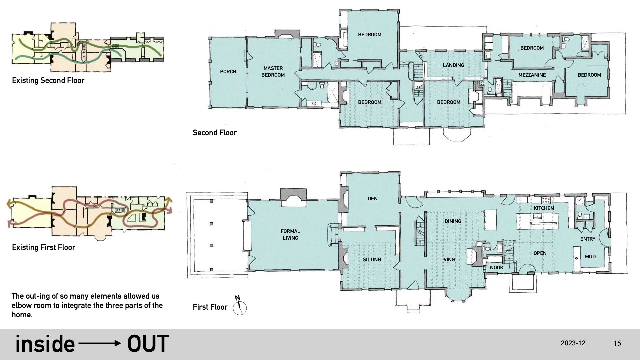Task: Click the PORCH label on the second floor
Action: [x=228, y=72]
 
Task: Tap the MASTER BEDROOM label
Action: [x=273, y=72]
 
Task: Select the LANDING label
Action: [x=453, y=65]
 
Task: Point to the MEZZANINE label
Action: [x=532, y=75]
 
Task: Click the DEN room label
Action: [x=372, y=199]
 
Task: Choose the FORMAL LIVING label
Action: [x=290, y=234]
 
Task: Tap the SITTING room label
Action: [x=372, y=260]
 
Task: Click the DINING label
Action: [x=453, y=221]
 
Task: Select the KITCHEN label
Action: [x=544, y=208]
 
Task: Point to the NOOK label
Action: [x=497, y=268]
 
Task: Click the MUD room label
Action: [x=590, y=257]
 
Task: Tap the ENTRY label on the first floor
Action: [x=588, y=239]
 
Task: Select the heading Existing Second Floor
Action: [x=48, y=81]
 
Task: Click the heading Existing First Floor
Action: [x=43, y=247]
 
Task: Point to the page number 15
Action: [x=617, y=343]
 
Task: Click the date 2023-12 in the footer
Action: [x=573, y=343]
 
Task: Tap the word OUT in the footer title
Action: [x=148, y=344]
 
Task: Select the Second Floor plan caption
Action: [x=214, y=133]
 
